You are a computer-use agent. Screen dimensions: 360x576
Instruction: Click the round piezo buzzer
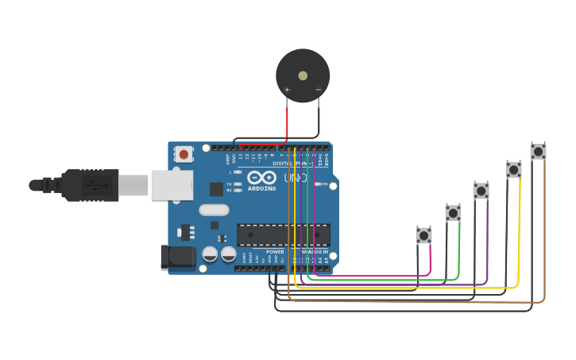tap(303, 75)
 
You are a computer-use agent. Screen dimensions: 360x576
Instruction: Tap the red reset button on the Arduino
tap(184, 154)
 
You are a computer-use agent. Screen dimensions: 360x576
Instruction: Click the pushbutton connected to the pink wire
tap(424, 235)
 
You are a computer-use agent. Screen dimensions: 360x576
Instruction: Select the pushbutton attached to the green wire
tap(453, 213)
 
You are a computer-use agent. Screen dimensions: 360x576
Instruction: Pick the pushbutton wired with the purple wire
tap(481, 191)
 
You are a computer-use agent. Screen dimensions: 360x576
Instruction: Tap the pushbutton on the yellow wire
tap(514, 169)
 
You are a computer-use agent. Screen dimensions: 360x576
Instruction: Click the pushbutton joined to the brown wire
tap(539, 151)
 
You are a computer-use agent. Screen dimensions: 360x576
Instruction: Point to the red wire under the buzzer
tap(287, 123)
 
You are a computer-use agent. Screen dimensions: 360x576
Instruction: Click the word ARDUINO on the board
tap(261, 189)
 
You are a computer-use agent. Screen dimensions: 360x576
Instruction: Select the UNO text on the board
tap(296, 179)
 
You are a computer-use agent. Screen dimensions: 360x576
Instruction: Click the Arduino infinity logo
tap(261, 178)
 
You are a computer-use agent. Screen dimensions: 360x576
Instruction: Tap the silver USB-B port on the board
tap(172, 184)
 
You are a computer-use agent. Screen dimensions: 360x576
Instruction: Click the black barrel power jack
tap(176, 256)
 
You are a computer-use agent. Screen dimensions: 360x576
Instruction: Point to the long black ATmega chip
tap(283, 234)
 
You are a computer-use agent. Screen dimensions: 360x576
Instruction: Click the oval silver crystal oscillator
tap(214, 211)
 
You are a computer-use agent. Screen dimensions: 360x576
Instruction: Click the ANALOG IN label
tap(314, 252)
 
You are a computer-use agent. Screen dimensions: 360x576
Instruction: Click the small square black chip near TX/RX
tap(216, 189)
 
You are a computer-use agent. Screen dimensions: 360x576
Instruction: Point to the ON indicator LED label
tap(323, 184)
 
